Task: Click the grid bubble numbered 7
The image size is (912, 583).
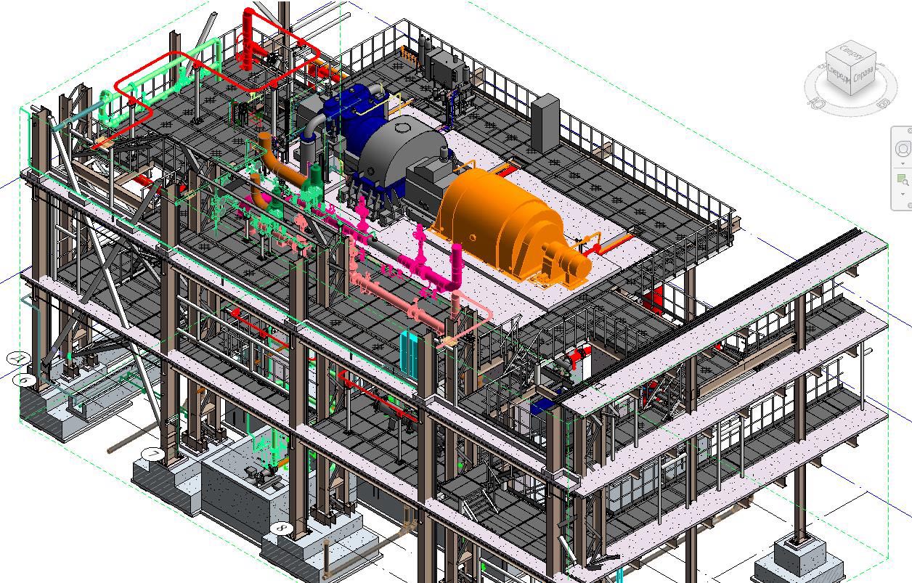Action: coord(152,454)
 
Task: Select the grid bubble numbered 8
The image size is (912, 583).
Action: coord(282,529)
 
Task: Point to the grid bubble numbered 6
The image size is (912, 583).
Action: coord(25,379)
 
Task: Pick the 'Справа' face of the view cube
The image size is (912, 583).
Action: coord(863,76)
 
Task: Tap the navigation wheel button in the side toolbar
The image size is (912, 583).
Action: coord(903,149)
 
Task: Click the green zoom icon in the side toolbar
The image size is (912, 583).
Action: coord(903,179)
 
